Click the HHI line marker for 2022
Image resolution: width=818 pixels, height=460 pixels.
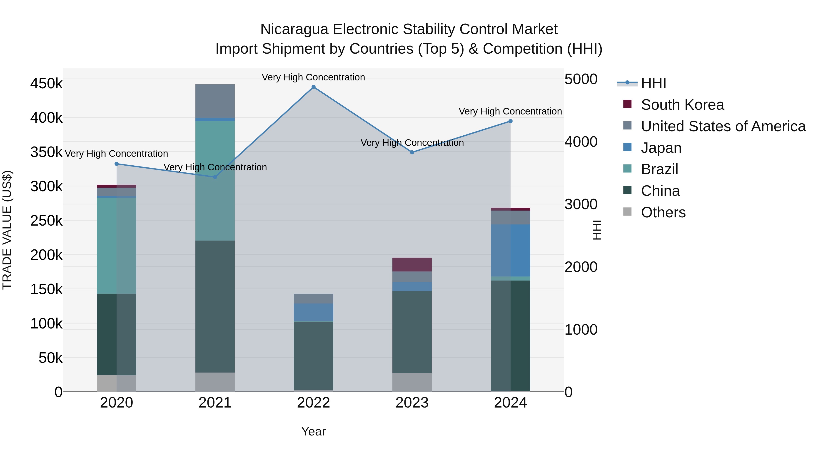pos(313,87)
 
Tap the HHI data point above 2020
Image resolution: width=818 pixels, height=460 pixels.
pos(117,164)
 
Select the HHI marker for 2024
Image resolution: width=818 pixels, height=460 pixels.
pos(510,121)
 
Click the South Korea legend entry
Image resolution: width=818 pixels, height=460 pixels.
pos(682,105)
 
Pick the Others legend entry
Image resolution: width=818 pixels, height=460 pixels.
pos(663,212)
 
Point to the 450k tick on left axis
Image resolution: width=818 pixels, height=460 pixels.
pos(46,84)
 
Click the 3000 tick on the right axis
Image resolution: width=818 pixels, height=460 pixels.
pos(581,204)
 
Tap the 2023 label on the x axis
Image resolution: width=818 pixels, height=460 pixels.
pos(412,403)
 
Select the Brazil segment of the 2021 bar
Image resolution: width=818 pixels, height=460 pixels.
pos(215,180)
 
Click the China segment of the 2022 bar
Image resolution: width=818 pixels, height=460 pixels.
pos(313,356)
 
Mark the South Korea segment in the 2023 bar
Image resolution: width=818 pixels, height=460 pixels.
pos(412,264)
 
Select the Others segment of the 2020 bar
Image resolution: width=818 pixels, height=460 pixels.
pos(117,383)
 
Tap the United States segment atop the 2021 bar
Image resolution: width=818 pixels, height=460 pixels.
pos(215,101)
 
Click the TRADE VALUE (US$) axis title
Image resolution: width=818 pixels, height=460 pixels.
pos(7,230)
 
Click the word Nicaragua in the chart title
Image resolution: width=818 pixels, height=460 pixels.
pos(294,29)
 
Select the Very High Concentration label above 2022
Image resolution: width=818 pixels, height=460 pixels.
pos(313,77)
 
